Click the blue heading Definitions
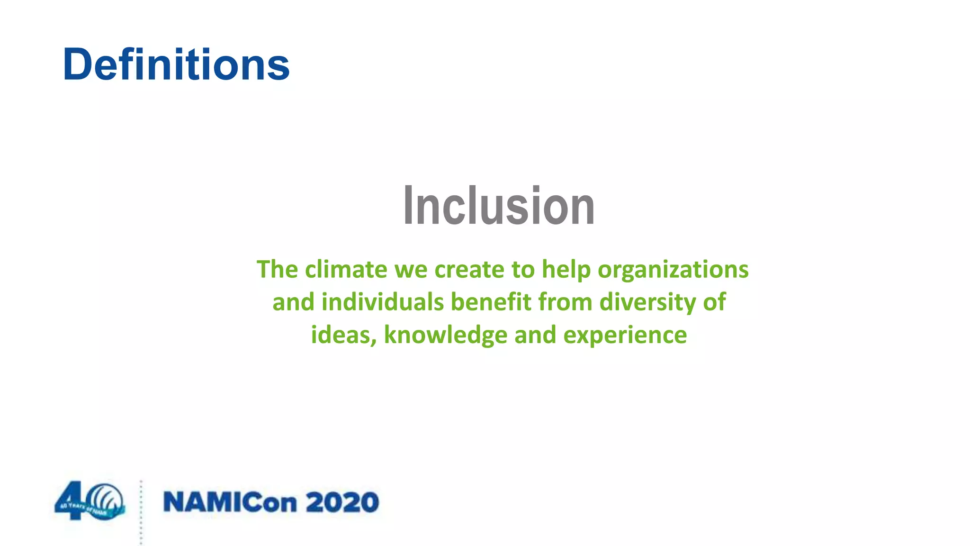[176, 64]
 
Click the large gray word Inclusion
[498, 206]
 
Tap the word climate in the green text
[346, 270]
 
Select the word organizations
[673, 270]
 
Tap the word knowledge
[445, 335]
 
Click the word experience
[625, 336]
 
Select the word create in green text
[469, 270]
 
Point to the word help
[566, 270]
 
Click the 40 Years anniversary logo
[90, 501]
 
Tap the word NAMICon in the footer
[230, 502]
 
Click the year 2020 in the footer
[342, 502]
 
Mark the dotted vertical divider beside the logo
[141, 512]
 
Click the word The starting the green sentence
[277, 270]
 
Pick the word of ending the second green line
[714, 302]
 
